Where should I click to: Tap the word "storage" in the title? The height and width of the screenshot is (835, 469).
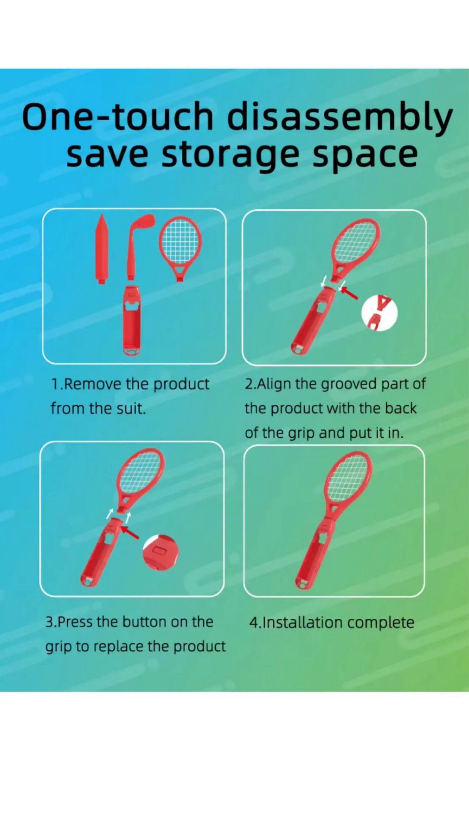click(230, 155)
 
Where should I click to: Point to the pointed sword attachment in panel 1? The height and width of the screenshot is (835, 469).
click(102, 248)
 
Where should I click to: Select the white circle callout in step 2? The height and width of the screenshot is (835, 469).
click(379, 312)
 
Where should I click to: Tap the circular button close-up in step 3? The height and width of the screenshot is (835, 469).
click(161, 552)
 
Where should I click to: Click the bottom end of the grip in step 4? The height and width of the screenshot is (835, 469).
click(302, 584)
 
